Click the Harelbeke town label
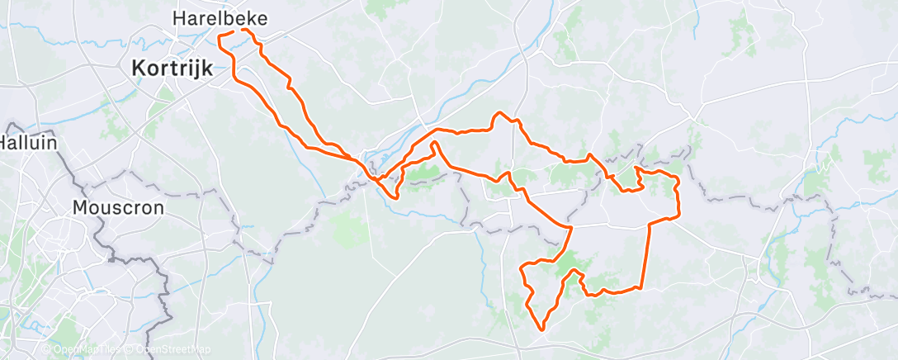220,17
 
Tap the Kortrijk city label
173,70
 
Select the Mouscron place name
118,207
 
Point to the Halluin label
27,142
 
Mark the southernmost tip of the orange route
542,329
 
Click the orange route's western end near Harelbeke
219,36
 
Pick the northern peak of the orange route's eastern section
498,114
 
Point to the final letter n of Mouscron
158,207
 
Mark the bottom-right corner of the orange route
641,287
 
